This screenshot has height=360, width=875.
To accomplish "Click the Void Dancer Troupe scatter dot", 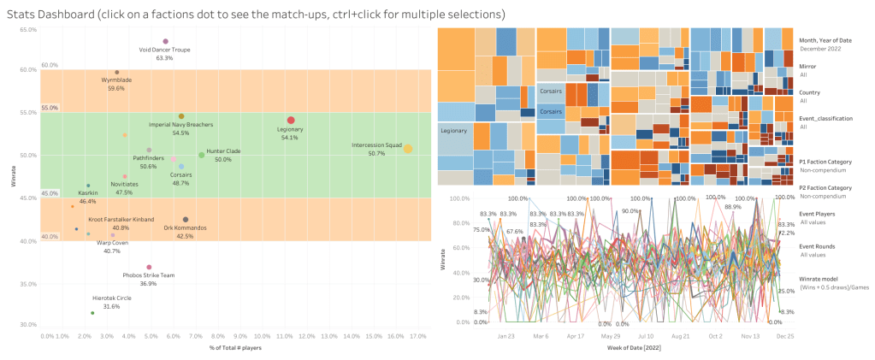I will [x=165, y=41].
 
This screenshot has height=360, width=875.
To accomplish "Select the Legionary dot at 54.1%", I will [x=291, y=121].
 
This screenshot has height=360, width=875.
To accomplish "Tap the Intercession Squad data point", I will [x=408, y=149].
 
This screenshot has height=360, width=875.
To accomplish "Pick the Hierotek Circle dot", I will [x=92, y=313].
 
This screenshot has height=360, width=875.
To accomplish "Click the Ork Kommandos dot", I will [x=186, y=220].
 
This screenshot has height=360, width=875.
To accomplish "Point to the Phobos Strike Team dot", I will [x=149, y=268].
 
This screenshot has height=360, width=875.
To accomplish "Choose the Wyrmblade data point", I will [x=117, y=73].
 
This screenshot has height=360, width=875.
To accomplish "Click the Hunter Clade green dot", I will [x=202, y=155].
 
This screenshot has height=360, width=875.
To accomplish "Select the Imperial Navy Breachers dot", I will [x=181, y=116].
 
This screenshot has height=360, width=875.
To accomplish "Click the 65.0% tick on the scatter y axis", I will [x=28, y=30].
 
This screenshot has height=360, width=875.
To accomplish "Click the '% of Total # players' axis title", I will [x=234, y=348].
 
